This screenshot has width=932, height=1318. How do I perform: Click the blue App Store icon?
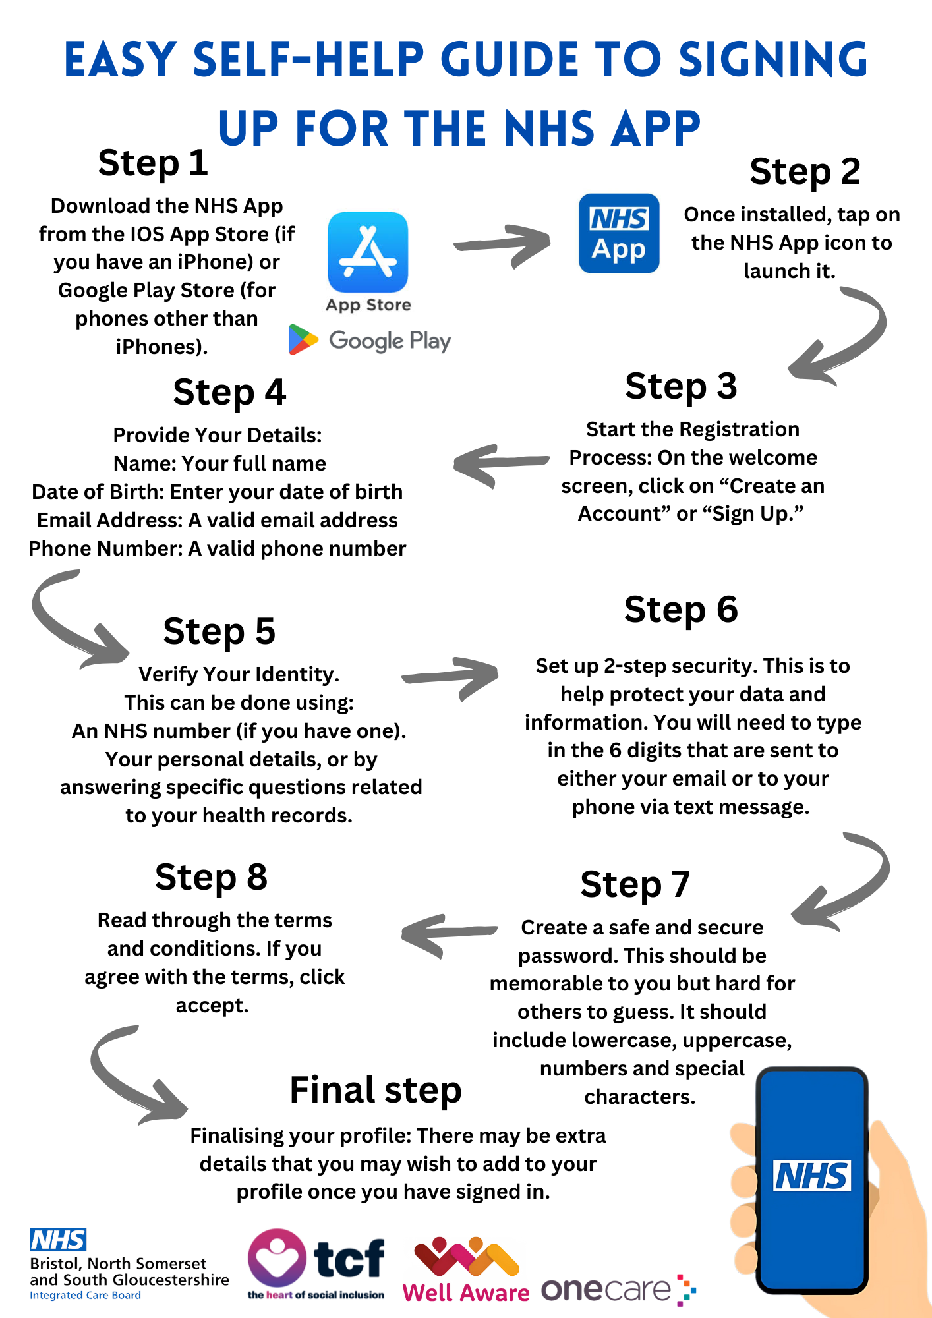(368, 252)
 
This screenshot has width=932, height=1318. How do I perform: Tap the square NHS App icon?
(619, 233)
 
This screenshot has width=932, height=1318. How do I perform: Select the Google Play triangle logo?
(303, 340)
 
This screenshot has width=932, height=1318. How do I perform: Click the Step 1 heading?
(153, 163)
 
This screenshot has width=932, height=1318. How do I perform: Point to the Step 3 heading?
(681, 386)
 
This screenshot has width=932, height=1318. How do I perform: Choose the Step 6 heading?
(681, 610)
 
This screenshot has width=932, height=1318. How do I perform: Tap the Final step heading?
(376, 1090)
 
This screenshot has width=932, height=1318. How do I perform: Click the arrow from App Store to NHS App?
(502, 245)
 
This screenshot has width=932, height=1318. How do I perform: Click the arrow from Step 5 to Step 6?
(450, 677)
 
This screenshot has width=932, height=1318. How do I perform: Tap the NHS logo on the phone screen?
(811, 1176)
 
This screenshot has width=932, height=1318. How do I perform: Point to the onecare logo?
(619, 1290)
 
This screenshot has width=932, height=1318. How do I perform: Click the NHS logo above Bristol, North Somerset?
(58, 1240)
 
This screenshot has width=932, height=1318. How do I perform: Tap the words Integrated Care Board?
(85, 1296)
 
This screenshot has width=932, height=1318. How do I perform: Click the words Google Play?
(390, 341)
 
